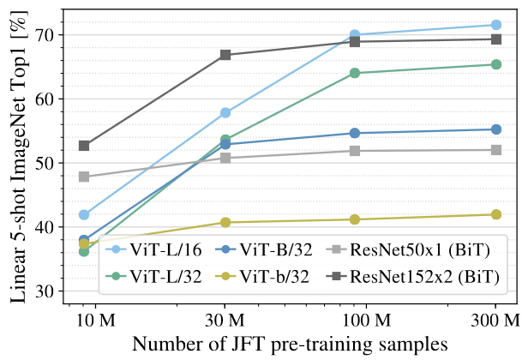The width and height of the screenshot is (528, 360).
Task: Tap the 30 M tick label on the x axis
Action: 225,320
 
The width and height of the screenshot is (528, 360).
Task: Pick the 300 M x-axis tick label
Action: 496,320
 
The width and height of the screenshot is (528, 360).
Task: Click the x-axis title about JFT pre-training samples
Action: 289,344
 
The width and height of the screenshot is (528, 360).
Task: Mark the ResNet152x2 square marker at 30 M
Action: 225,55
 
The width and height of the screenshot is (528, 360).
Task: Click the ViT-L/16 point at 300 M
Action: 496,25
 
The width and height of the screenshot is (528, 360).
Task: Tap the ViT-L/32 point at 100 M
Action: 354,73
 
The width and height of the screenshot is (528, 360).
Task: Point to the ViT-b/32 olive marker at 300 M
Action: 496,214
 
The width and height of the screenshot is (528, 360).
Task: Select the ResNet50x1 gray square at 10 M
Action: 84,177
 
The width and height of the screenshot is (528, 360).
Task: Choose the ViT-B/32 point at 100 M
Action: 354,133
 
